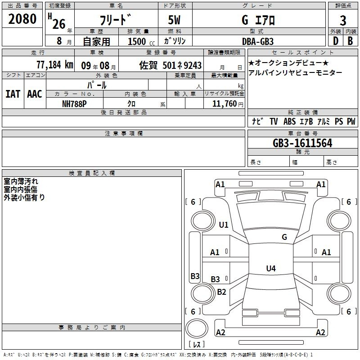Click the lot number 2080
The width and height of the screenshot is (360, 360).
[22, 19]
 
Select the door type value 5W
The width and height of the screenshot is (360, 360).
[175, 20]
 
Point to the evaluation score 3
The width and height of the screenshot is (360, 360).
[343, 20]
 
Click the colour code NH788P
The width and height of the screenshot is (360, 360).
[74, 103]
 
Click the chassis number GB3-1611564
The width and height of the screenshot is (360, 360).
[302, 143]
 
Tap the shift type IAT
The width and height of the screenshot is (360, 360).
[13, 94]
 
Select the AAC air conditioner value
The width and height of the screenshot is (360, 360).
[34, 94]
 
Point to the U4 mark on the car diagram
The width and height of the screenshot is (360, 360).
[270, 269]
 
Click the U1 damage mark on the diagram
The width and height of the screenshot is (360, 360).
[224, 225]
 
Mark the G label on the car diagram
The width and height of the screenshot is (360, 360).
[284, 237]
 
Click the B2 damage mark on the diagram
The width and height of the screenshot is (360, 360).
[221, 292]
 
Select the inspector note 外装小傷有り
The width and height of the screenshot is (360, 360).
[24, 197]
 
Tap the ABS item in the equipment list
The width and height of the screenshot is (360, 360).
[290, 121]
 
